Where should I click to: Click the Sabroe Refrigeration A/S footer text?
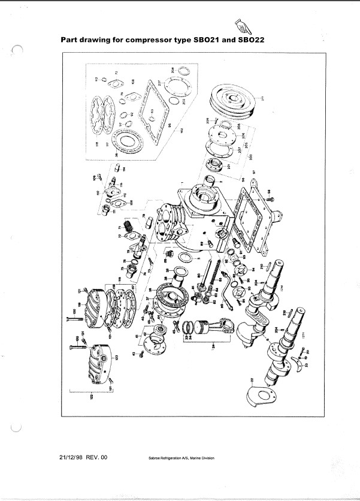pos(180,458)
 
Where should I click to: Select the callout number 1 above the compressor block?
pos(181,182)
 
